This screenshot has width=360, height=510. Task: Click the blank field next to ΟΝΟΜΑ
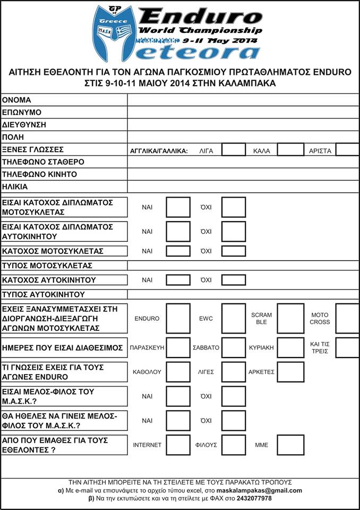coord(243,100)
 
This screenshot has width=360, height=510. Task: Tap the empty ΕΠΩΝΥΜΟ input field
coord(243,112)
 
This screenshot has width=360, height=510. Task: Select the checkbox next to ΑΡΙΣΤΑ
coord(348,150)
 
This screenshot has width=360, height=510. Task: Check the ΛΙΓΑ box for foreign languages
coord(233,150)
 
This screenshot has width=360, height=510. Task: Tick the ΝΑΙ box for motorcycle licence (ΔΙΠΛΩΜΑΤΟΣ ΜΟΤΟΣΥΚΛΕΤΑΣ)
coord(178,207)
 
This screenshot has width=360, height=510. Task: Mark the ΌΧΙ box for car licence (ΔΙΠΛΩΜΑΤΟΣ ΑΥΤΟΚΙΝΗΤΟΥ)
coord(233,232)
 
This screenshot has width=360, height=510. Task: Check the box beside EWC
coord(233,318)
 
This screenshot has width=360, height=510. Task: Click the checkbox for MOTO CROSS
coord(348,318)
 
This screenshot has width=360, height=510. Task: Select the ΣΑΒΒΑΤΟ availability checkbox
coord(233,347)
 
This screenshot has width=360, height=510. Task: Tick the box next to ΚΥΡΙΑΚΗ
coord(290,347)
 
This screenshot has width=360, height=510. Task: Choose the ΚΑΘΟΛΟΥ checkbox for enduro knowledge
coord(178,372)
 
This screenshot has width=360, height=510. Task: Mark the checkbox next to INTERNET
coord(178,445)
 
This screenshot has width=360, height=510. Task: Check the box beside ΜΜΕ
coord(290,445)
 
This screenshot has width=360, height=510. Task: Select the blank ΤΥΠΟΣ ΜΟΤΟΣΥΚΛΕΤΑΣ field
coord(243,265)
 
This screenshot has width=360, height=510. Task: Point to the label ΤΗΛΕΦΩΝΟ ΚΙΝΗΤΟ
coord(40,174)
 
